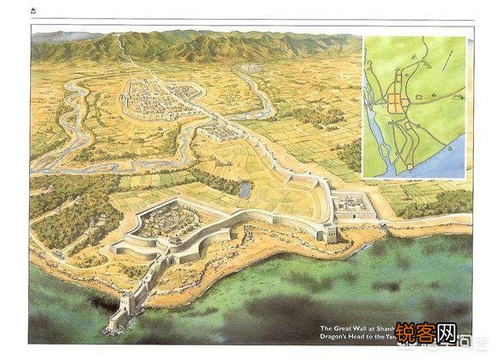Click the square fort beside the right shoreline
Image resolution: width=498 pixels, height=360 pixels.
[x=354, y=203]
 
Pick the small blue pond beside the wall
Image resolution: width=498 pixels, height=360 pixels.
[x=246, y=187]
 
